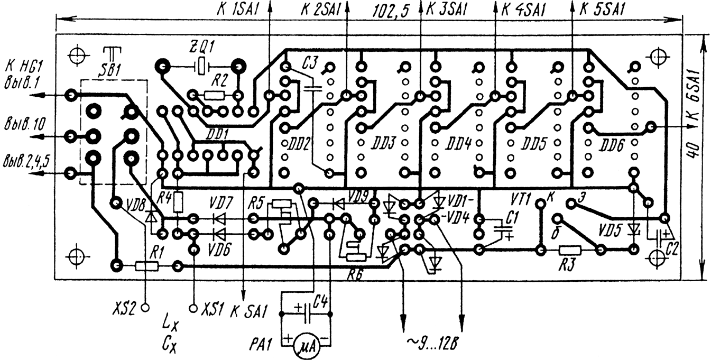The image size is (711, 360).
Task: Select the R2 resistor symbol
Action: pyautogui.click(x=214, y=95)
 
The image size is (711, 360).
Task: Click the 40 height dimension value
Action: pyautogui.click(x=694, y=152)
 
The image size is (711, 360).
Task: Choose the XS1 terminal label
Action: pyautogui.click(x=211, y=307)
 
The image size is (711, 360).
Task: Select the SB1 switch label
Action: pyautogui.click(x=111, y=69)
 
